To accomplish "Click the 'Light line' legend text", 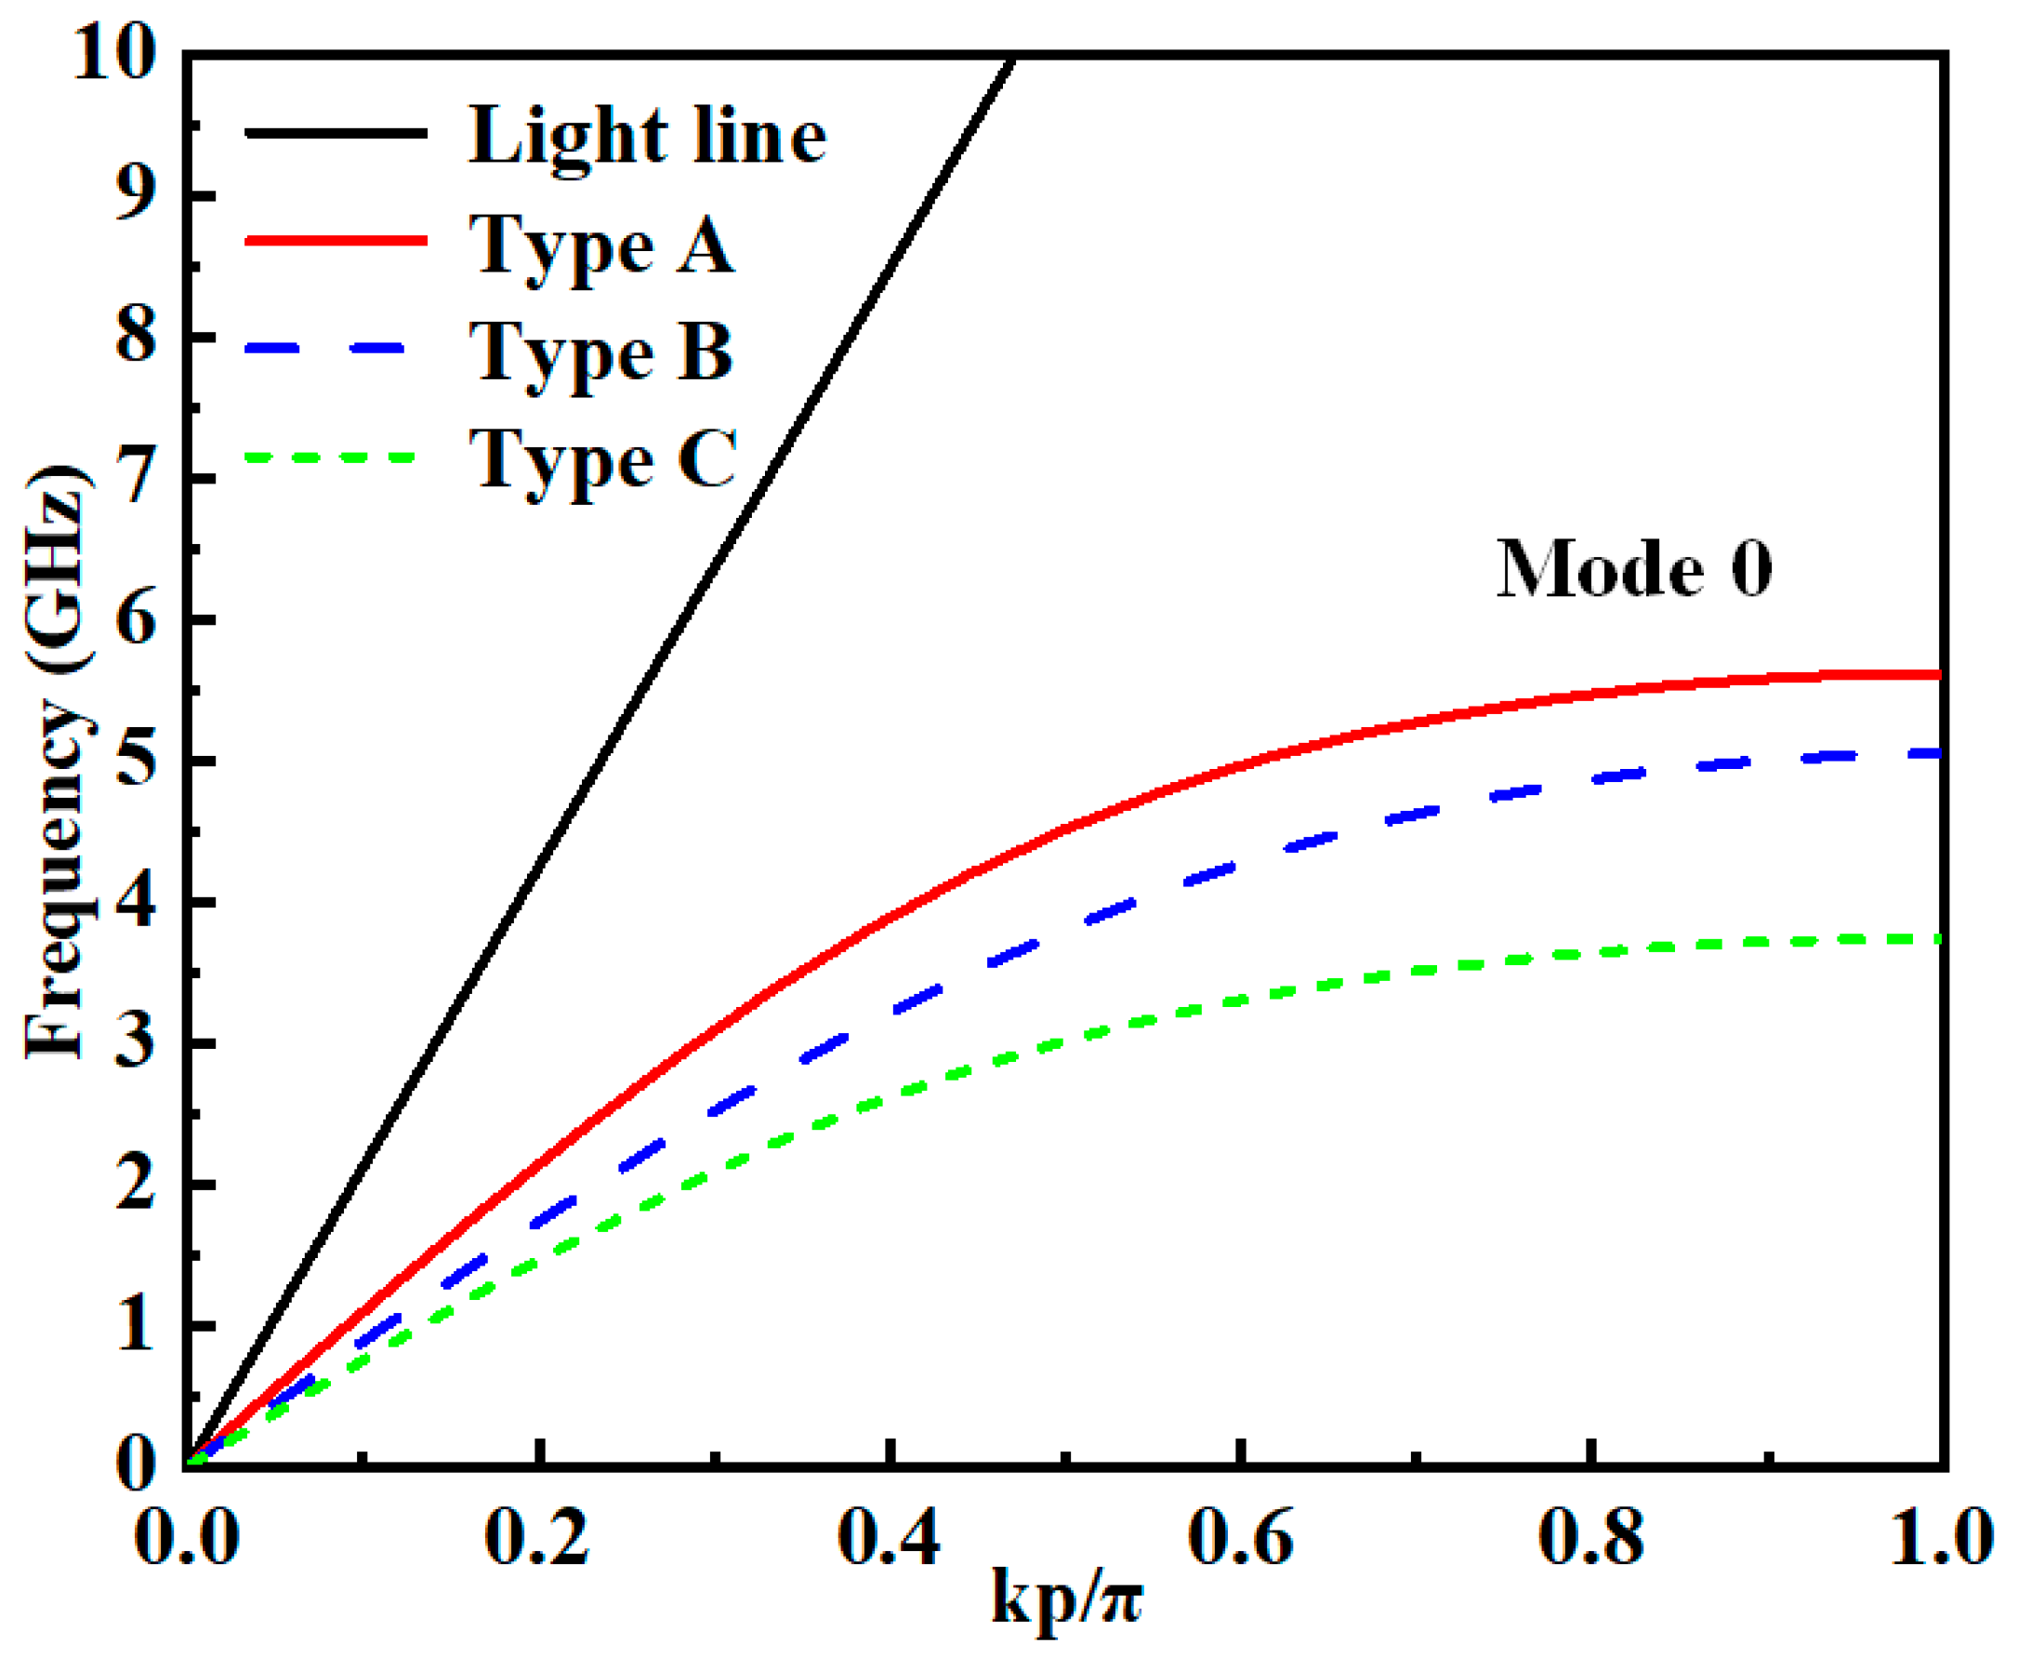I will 647,137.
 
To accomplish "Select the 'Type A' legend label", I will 601,245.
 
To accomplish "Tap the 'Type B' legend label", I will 601,353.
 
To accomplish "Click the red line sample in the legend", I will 336,241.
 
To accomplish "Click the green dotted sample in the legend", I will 331,457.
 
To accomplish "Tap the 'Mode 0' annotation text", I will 1633,569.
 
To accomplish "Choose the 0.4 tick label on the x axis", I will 890,1538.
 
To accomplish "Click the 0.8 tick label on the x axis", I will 1590,1538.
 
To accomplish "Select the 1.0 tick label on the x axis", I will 1942,1538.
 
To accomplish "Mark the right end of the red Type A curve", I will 1937,675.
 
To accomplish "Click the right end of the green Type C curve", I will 1937,939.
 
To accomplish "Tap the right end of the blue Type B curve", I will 1937,754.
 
